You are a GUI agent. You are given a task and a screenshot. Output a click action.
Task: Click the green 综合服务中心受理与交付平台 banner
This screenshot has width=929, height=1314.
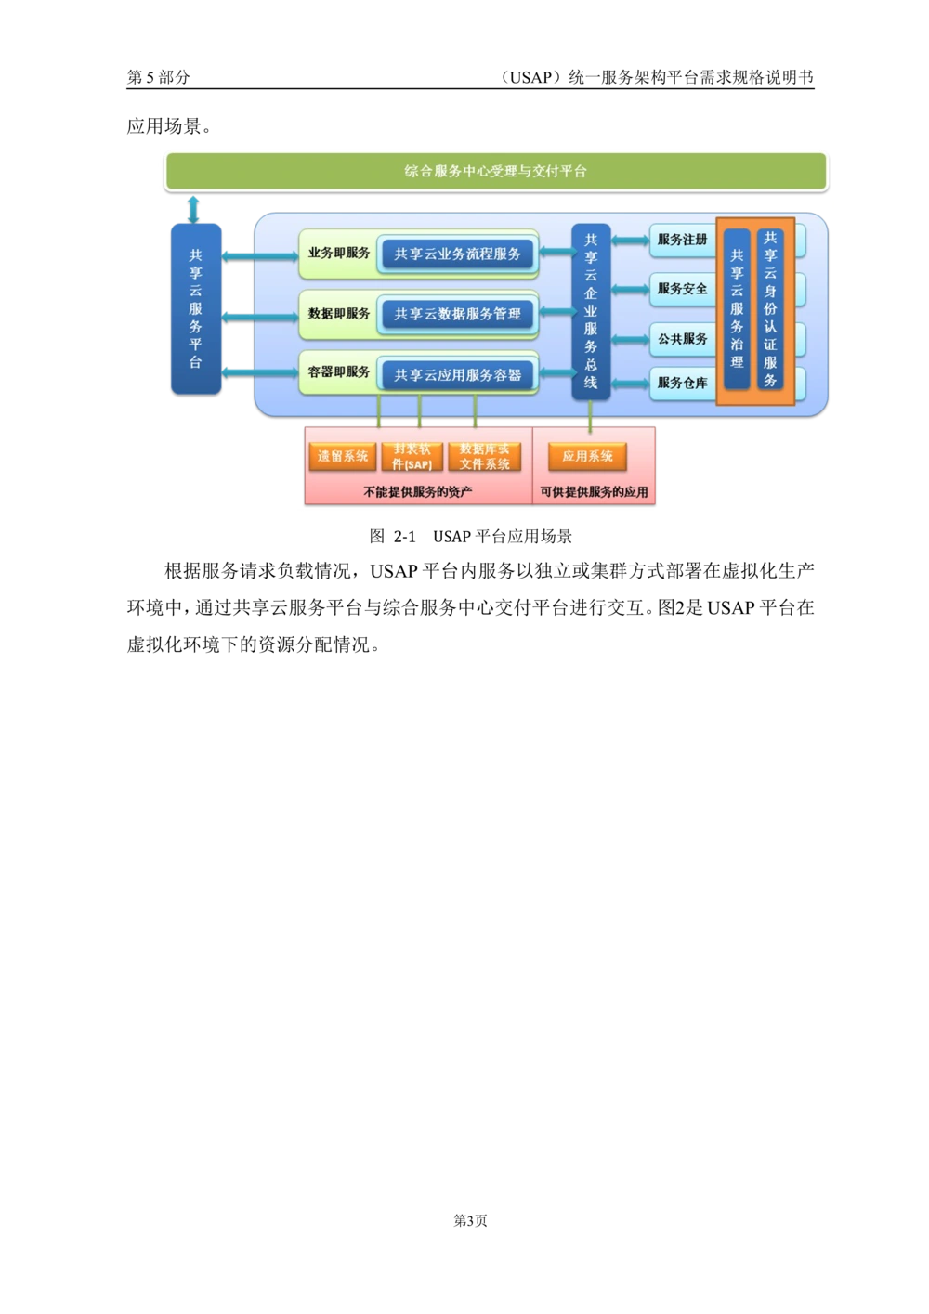pos(496,171)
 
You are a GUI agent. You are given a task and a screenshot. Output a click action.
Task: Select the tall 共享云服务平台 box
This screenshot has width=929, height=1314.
pos(196,308)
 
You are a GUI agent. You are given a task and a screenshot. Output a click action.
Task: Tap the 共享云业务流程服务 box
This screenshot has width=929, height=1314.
pos(458,254)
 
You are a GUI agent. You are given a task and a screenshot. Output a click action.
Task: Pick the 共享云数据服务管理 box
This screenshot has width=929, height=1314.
pos(458,314)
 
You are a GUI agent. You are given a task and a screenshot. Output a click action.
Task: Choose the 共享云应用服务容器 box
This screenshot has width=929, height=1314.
pos(458,375)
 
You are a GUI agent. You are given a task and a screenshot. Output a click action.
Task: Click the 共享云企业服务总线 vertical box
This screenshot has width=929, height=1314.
pos(591,311)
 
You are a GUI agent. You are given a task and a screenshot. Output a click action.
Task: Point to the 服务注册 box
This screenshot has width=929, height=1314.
pos(683,240)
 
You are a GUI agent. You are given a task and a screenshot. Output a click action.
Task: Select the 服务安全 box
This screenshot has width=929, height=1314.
pos(683,289)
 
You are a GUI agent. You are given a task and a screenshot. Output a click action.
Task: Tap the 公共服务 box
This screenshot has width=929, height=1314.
pos(683,338)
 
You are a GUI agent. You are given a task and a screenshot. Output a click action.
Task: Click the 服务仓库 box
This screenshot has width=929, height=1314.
pos(683,383)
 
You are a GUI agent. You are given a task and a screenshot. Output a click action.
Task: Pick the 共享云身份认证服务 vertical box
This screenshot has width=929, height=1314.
pos(770,309)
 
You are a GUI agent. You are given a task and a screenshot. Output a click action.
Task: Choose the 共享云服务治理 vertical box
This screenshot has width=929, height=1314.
pos(737,309)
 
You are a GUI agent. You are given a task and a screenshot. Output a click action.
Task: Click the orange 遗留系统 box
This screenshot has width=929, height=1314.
pos(343,456)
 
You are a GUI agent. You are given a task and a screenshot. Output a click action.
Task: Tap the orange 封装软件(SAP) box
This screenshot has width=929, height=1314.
pos(412,456)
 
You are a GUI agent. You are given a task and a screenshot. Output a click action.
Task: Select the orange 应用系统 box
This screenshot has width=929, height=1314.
pos(587,456)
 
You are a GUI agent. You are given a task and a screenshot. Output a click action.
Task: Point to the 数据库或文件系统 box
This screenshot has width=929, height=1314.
pos(484,456)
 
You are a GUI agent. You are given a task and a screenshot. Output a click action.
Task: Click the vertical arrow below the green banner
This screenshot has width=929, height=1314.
pos(193,210)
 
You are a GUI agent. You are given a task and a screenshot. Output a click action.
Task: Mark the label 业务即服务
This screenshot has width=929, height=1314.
pos(339,253)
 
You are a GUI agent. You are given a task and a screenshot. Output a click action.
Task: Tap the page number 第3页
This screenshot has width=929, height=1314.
pos(470,1221)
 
